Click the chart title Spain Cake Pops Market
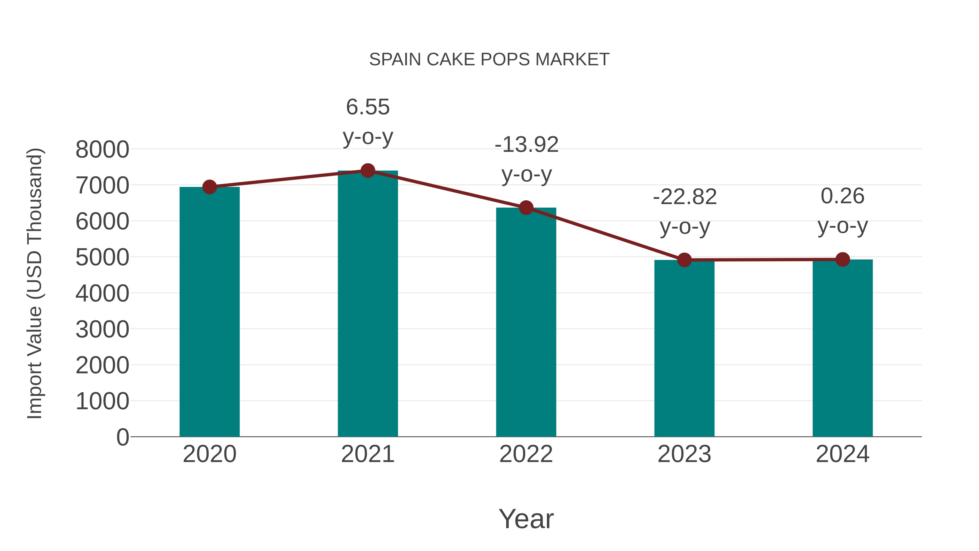[x=489, y=60]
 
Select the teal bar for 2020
[x=209, y=312]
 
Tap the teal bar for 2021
[x=367, y=304]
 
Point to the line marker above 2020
[x=209, y=187]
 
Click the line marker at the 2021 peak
[x=367, y=171]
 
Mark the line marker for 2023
[x=684, y=260]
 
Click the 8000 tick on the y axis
[x=102, y=149]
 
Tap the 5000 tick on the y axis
[x=102, y=257]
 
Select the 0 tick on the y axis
[x=122, y=437]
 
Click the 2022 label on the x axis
[x=526, y=454]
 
